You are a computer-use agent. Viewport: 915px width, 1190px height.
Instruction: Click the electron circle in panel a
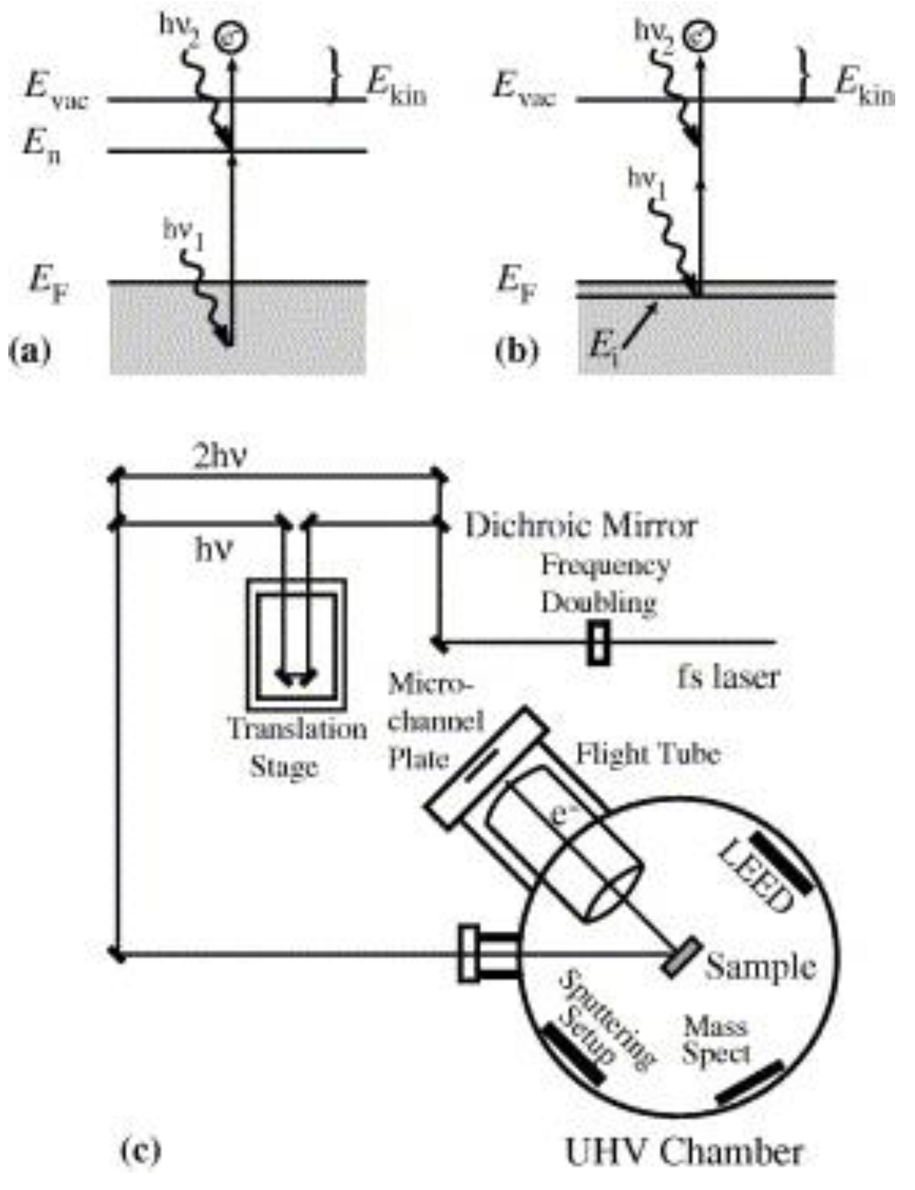click(x=233, y=37)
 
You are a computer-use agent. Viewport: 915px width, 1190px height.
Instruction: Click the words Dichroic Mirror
click(x=581, y=526)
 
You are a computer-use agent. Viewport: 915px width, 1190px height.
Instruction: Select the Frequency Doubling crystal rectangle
click(x=599, y=643)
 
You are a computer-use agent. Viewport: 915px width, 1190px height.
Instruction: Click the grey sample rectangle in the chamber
click(x=683, y=958)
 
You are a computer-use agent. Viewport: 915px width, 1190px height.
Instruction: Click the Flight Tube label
click(x=648, y=754)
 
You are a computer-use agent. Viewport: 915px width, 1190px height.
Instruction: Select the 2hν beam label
click(x=220, y=458)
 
